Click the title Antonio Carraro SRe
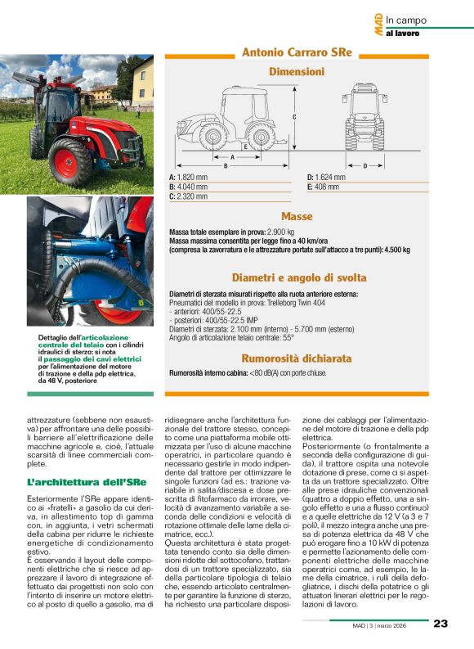pos(297,52)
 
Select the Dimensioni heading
pos(297,72)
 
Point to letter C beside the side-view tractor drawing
pos(293,117)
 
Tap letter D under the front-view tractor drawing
pos(364,165)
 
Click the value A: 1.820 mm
pos(188,177)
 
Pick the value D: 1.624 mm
pos(326,177)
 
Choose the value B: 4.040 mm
pos(189,187)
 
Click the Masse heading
pos(297,217)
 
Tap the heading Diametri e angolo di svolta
pos(297,277)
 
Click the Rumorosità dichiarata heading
pos(297,358)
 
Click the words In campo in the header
pos(406,20)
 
